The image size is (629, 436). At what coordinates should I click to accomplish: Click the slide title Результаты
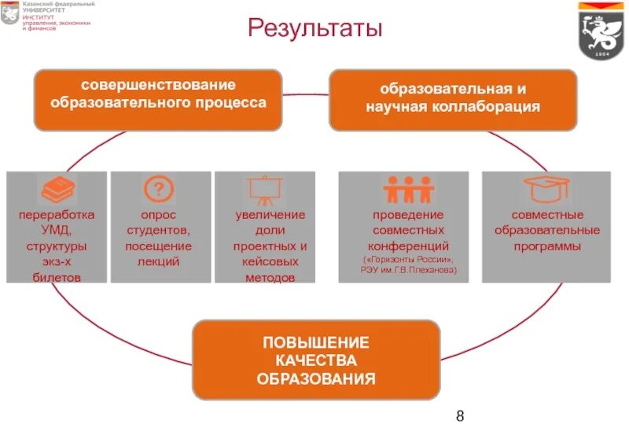tap(314, 30)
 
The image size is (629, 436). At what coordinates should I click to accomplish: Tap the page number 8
tap(461, 416)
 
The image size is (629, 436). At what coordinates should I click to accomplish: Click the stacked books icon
tap(57, 190)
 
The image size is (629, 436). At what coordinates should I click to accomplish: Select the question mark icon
tap(159, 190)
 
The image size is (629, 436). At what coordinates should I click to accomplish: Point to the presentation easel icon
tap(264, 190)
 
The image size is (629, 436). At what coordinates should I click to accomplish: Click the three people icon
tap(409, 190)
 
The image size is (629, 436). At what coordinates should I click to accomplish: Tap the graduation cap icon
tap(546, 190)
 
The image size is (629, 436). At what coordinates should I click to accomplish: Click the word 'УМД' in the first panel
tap(57, 230)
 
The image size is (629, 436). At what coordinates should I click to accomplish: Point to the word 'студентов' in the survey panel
tap(159, 230)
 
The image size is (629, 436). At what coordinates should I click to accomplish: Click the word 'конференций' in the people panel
tap(409, 246)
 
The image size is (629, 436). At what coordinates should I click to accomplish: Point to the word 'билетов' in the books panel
tap(57, 277)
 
